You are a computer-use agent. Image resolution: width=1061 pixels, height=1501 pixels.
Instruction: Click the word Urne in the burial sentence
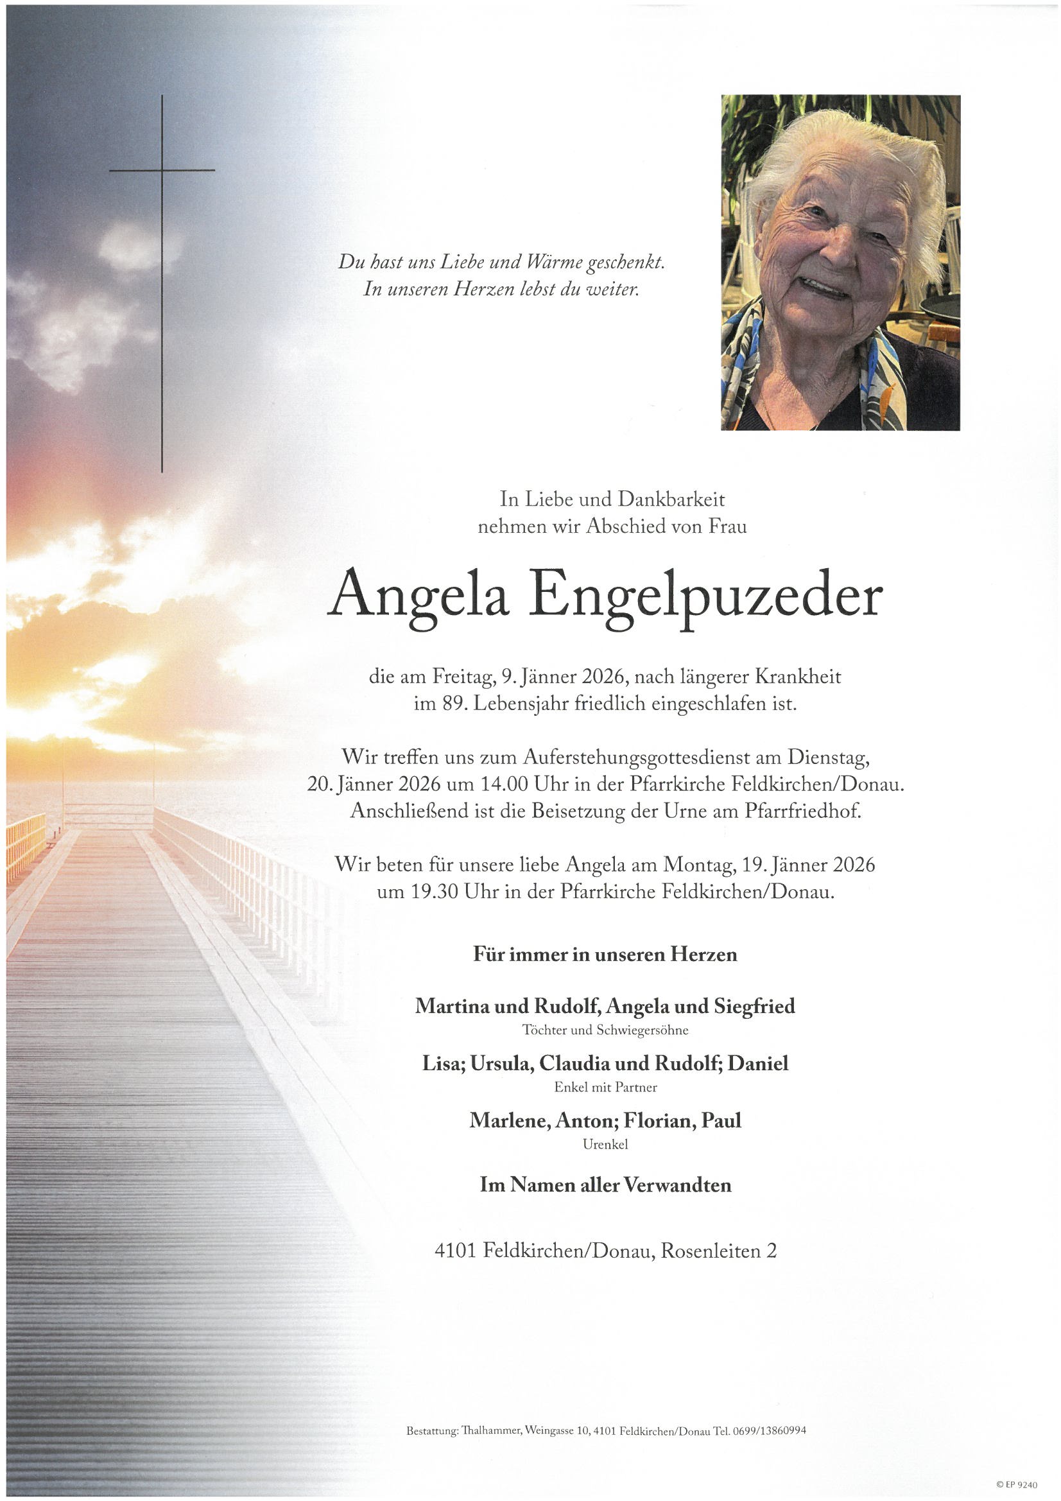tap(687, 811)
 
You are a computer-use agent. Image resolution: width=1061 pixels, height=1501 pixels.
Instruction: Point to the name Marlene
tap(508, 1121)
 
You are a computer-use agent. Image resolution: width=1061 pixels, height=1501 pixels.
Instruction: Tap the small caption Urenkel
tap(605, 1145)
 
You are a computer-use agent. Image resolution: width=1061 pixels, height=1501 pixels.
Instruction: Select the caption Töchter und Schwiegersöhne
tap(605, 1030)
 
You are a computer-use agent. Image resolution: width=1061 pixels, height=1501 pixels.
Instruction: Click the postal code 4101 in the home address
tap(456, 1251)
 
